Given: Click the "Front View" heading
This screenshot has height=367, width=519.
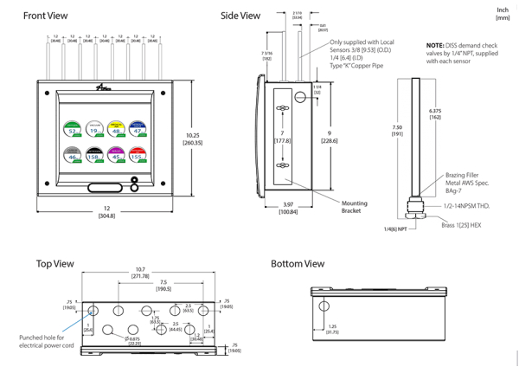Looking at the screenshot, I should pos(45,16).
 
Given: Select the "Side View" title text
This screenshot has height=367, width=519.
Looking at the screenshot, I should pos(240,16).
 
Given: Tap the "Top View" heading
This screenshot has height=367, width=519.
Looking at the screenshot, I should pos(54,263).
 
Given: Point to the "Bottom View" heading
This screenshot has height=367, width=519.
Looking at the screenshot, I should pos(298,263).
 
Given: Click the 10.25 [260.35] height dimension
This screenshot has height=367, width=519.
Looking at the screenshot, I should pos(193,138).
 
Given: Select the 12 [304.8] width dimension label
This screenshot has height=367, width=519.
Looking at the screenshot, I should pos(107,212).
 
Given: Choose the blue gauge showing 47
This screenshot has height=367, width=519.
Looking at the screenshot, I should pos(137,130).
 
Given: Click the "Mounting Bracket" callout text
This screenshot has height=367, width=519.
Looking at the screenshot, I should pos(354,207).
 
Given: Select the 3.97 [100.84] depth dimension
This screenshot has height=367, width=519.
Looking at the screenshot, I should pos(287,208).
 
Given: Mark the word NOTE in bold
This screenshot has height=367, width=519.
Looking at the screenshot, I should pos(434,44).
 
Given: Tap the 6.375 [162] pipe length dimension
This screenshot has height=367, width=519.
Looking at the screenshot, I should pos(434,113).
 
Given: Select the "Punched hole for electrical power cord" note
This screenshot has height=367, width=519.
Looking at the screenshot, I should pos(48,341).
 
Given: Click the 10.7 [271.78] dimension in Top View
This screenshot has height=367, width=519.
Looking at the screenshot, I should pos(140,272).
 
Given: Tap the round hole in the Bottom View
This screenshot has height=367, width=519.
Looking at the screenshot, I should pos(324,306).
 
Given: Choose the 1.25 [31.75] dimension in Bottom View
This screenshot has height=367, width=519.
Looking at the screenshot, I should pos(332,330).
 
